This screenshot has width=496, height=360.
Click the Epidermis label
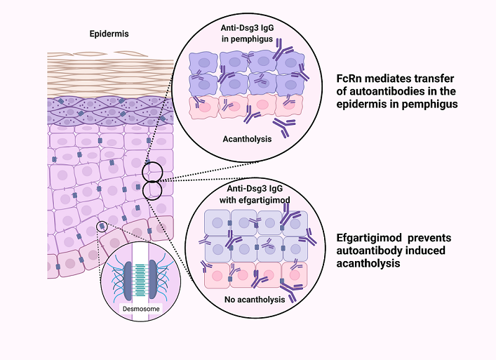pyautogui.click(x=110, y=32)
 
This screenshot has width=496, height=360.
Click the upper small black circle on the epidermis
pyautogui.click(x=153, y=172)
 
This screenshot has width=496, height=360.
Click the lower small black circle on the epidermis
pyautogui.click(x=152, y=189)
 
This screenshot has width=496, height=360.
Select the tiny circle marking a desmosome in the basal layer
pyautogui.click(x=102, y=226)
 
